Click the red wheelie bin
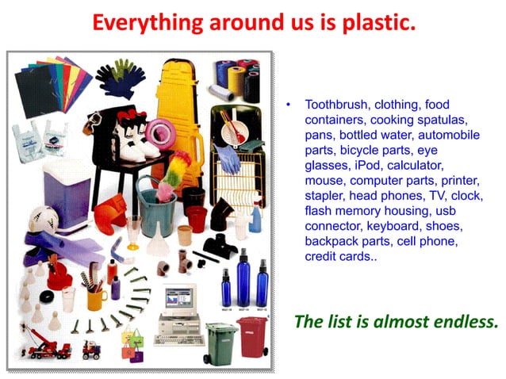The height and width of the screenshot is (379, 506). tap(253, 336)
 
